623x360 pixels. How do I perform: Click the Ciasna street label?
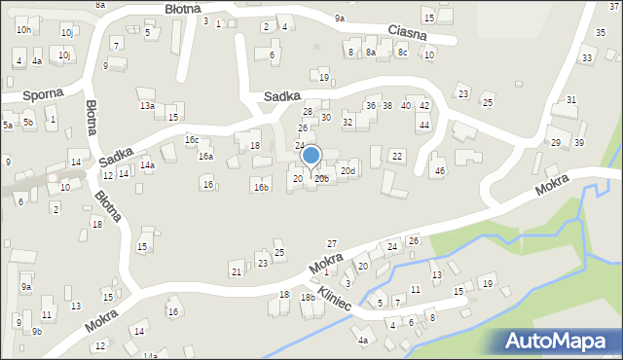pyautogui.click(x=406, y=33)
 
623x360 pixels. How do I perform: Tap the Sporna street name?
pyautogui.click(x=45, y=93)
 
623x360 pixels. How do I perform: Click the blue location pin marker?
pyautogui.click(x=311, y=157)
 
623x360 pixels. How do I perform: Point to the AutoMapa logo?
pyautogui.click(x=561, y=341)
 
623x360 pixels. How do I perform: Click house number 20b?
pyautogui.click(x=321, y=179)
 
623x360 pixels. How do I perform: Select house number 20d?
pyautogui.click(x=348, y=172)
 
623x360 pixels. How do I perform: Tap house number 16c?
pyautogui.click(x=192, y=140)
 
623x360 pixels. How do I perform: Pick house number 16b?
pyautogui.click(x=261, y=187)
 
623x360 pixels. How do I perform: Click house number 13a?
pyautogui.click(x=147, y=105)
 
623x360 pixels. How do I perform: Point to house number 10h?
pyautogui.click(x=23, y=30)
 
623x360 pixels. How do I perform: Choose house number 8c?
pyautogui.click(x=402, y=53)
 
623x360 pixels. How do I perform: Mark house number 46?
pyautogui.click(x=440, y=171)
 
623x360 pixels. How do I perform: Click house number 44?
pyautogui.click(x=423, y=126)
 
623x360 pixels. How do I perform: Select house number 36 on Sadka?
pyautogui.click(x=370, y=105)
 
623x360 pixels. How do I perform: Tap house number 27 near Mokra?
pyautogui.click(x=331, y=243)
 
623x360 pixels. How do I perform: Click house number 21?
pyautogui.click(x=236, y=269)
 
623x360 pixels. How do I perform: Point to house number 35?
pyautogui.click(x=600, y=33)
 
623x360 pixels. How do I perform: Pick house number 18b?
pyautogui.click(x=308, y=298)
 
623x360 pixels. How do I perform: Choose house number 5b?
pyautogui.click(x=28, y=123)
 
